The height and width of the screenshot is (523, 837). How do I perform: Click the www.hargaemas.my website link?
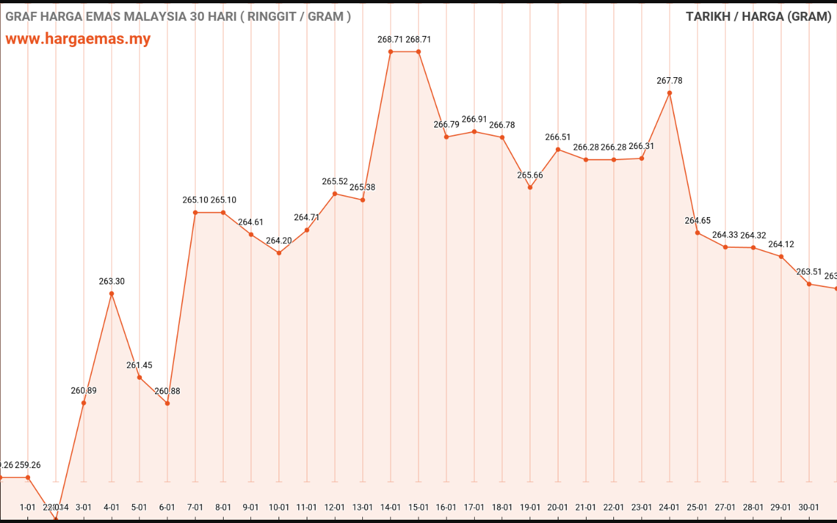tap(78, 39)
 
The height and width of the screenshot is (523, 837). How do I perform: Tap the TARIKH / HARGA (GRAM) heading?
tap(758, 16)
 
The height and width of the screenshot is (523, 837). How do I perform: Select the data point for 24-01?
tap(670, 93)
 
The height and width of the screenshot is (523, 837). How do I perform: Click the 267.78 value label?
tap(670, 80)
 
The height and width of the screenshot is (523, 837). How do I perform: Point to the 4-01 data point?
tap(112, 294)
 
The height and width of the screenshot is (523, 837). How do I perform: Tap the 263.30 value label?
tap(112, 281)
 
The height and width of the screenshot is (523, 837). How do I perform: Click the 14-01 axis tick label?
tap(391, 507)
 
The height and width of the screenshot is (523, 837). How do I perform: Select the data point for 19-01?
tap(530, 188)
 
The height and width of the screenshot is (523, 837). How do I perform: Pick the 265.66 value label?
tap(530, 175)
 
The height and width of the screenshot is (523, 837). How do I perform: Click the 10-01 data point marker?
tap(279, 253)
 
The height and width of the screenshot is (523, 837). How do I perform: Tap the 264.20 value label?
tap(279, 241)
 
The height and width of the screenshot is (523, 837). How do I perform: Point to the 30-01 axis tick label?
tap(810, 507)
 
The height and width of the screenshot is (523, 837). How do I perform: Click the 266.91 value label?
tap(475, 119)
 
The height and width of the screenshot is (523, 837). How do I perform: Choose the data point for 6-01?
tap(167, 403)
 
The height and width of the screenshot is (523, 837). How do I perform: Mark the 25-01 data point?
tap(698, 233)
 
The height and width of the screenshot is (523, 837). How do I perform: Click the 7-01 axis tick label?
tap(196, 507)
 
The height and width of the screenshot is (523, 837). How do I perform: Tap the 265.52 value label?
tap(335, 181)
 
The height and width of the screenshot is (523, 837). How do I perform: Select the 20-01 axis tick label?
tap(558, 507)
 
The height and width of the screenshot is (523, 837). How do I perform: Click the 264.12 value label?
tap(781, 245)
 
